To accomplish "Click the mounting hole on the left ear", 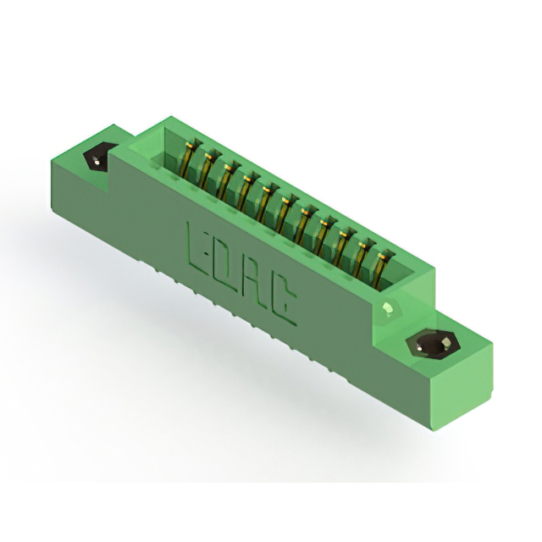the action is point(97,159).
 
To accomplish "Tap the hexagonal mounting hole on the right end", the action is point(434,346).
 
